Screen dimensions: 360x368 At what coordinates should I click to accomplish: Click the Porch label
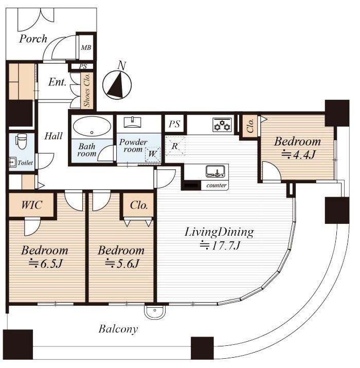pyautogui.click(x=33, y=39)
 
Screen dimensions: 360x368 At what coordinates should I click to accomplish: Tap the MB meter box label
pyautogui.click(x=86, y=48)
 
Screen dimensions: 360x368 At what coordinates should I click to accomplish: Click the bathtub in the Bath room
pyautogui.click(x=92, y=126)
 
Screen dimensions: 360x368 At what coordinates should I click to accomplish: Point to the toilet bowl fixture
pyautogui.click(x=21, y=141)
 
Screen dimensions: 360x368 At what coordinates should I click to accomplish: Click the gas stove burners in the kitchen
pyautogui.click(x=222, y=125)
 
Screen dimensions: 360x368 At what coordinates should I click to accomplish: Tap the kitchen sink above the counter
pyautogui.click(x=215, y=171)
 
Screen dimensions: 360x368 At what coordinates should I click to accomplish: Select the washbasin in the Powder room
pyautogui.click(x=133, y=122)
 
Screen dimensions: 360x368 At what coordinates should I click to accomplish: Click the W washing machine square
pyautogui.click(x=153, y=154)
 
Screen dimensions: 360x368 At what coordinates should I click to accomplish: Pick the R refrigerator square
pyautogui.click(x=175, y=146)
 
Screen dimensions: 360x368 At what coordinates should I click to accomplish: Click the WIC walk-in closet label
pyautogui.click(x=32, y=205)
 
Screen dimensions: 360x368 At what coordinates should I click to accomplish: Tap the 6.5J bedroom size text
pyautogui.click(x=45, y=264)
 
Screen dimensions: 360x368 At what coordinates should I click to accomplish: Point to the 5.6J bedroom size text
pyautogui.click(x=122, y=264)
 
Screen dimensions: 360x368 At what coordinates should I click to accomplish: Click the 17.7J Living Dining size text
pyautogui.click(x=220, y=246)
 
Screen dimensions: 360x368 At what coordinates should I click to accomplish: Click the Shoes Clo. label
pyautogui.click(x=87, y=90)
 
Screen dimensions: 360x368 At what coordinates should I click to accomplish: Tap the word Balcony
pyautogui.click(x=118, y=329)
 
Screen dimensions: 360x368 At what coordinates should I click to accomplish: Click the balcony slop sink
pyautogui.click(x=155, y=312)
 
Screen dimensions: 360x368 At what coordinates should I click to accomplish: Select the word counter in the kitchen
pyautogui.click(x=217, y=185)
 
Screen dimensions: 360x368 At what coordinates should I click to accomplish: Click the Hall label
pyautogui.click(x=53, y=136)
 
